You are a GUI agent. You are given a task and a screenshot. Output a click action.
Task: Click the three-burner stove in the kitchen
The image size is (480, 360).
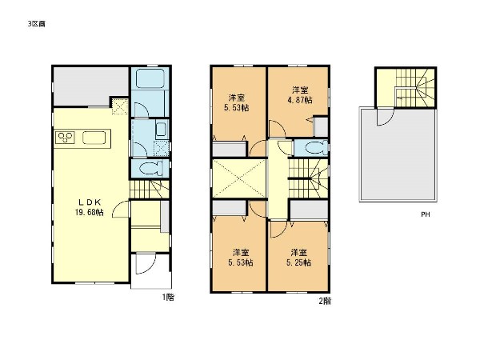click(x=65, y=138)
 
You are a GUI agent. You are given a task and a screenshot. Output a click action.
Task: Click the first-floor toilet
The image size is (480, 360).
click(x=149, y=169)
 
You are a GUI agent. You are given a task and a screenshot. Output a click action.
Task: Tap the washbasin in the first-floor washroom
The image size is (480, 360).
click(x=159, y=130)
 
